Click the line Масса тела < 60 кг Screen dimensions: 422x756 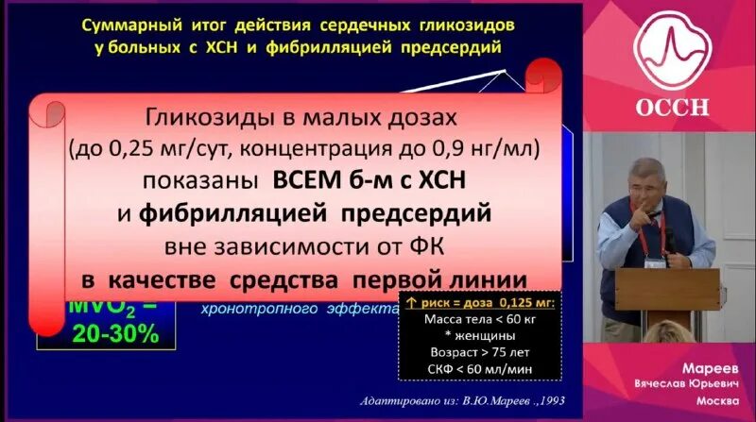pos(476,318)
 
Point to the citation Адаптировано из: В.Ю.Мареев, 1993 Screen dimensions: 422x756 pos(459,400)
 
